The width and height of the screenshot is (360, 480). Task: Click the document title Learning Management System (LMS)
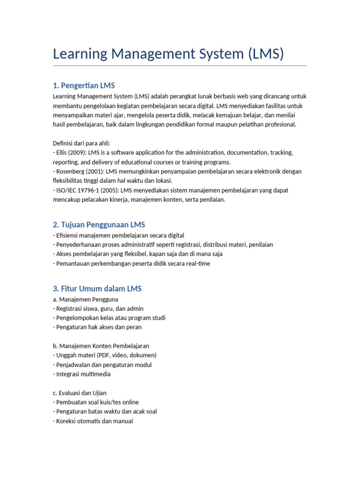(168, 53)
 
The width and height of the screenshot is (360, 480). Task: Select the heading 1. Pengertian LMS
(84, 85)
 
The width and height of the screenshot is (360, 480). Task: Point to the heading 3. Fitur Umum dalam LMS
(97, 289)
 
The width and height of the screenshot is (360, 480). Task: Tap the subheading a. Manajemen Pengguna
(85, 299)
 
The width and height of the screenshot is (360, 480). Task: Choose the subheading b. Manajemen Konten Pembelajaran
(101, 346)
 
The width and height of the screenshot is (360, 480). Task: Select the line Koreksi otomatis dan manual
(94, 421)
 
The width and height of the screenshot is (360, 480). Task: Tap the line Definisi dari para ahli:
(82, 143)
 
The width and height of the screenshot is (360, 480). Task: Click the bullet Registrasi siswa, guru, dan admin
(100, 308)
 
